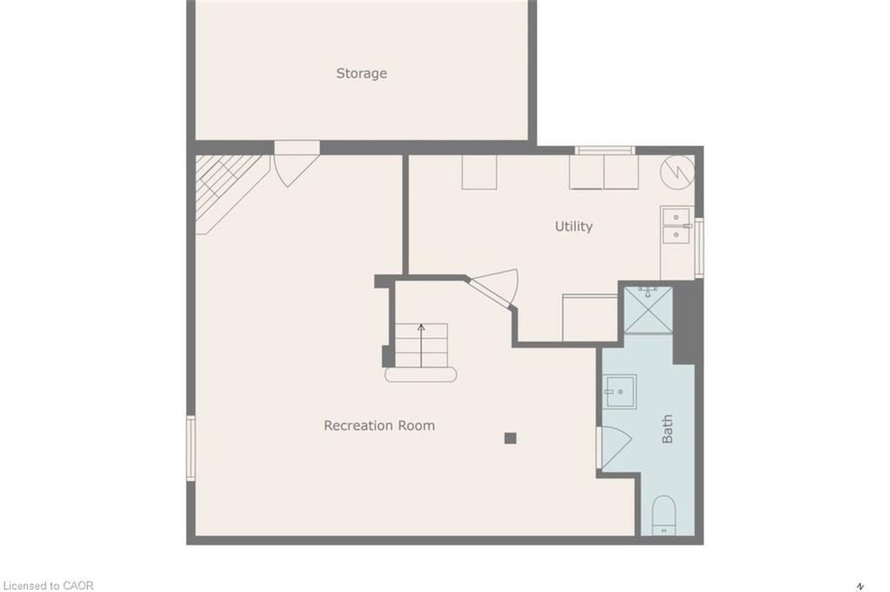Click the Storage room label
pyautogui.click(x=362, y=74)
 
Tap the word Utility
pyautogui.click(x=574, y=226)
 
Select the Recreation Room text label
pyautogui.click(x=379, y=425)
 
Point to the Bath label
pyautogui.click(x=667, y=429)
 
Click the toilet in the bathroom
pyautogui.click(x=663, y=516)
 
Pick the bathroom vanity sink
pyautogui.click(x=621, y=391)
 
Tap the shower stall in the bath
pyautogui.click(x=648, y=310)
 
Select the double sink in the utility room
pyautogui.click(x=675, y=226)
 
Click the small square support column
pyautogui.click(x=510, y=438)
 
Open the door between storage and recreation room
pyautogui.click(x=296, y=165)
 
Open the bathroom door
pyautogui.click(x=614, y=447)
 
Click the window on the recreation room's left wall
pyautogui.click(x=191, y=448)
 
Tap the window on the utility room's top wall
pyautogui.click(x=605, y=150)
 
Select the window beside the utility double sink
pyautogui.click(x=699, y=248)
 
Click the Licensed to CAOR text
pyautogui.click(x=48, y=585)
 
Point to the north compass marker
pyautogui.click(x=860, y=584)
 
